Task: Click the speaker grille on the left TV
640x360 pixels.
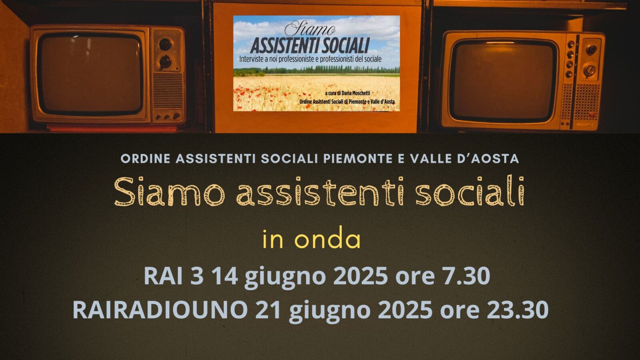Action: (168, 90)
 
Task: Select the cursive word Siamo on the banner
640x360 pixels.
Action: (310, 29)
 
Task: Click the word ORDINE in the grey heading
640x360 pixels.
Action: (145, 158)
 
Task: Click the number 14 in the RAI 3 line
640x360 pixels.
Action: (226, 276)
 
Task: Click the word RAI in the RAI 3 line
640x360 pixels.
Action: (163, 276)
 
